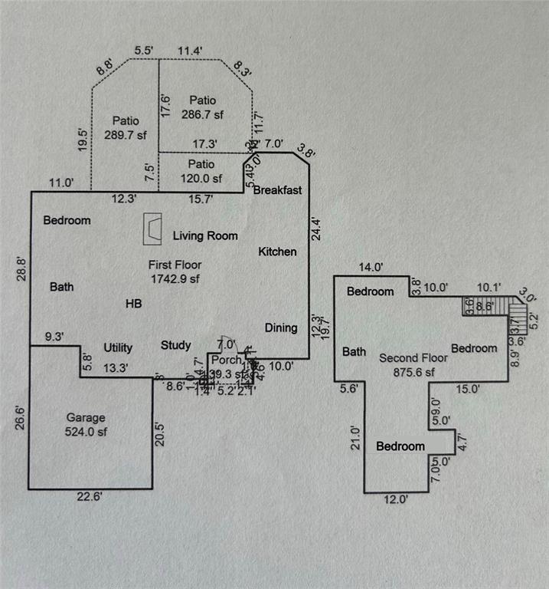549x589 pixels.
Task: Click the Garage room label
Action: click(85, 418)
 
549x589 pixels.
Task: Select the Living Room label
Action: click(204, 236)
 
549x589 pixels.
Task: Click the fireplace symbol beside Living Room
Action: click(154, 228)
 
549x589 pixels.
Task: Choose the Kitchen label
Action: click(277, 252)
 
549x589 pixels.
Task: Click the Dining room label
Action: click(281, 328)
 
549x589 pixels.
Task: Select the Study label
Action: click(176, 346)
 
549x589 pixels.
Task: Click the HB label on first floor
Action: click(134, 304)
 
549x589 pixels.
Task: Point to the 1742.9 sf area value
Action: click(174, 278)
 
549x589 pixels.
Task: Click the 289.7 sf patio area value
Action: click(125, 134)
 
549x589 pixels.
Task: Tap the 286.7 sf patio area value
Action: click(204, 114)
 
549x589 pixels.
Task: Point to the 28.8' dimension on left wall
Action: click(22, 271)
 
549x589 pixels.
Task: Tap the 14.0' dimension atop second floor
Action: click(371, 268)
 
